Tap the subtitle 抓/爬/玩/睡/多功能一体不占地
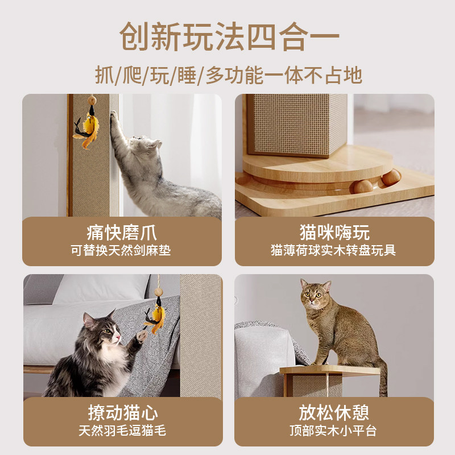pos(228,75)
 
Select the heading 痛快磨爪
pos(122,233)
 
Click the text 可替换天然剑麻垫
pos(121,250)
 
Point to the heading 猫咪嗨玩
pos(334,233)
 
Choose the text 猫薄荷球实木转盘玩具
pos(334,250)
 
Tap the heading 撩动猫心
pos(122,412)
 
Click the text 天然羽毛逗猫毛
pos(122,431)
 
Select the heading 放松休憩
pos(334,412)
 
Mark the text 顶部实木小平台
pos(334,431)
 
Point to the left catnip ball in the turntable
pos(362,185)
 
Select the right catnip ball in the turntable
pos(391,177)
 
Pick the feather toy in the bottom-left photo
pos(155,318)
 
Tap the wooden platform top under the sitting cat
pos(330,370)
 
